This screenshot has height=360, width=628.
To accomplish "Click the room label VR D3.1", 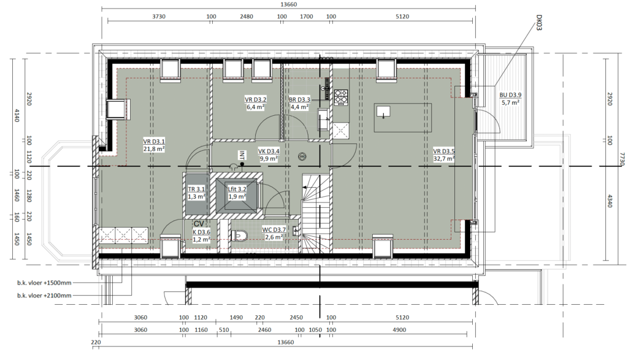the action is (154, 141).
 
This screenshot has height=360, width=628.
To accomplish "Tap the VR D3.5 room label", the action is (444, 151).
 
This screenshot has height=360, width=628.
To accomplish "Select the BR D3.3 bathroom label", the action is (299, 100).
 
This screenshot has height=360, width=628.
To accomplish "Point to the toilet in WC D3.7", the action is (240, 236).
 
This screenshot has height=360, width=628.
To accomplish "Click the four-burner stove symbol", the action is (341, 96).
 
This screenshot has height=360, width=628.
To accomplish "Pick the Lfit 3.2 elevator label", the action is (237, 190).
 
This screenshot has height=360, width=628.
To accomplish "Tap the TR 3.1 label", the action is (196, 190).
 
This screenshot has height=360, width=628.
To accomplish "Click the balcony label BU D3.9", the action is (510, 95).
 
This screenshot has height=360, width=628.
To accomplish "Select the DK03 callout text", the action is (538, 23).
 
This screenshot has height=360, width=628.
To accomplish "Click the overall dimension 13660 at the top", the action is (288, 4).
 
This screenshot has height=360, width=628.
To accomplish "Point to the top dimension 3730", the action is (159, 17).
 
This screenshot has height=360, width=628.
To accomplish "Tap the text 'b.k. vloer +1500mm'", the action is (44, 283).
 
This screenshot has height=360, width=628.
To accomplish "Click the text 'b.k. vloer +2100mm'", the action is (44, 296).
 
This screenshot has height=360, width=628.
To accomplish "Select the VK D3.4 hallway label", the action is (269, 151).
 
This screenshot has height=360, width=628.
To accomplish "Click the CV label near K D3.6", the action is (199, 224).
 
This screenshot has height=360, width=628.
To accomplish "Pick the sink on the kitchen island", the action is (383, 112).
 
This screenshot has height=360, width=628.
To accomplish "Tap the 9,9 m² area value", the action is (269, 159).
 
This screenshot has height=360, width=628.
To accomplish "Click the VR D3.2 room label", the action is (256, 100).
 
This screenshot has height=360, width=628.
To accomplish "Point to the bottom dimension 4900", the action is (399, 330).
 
